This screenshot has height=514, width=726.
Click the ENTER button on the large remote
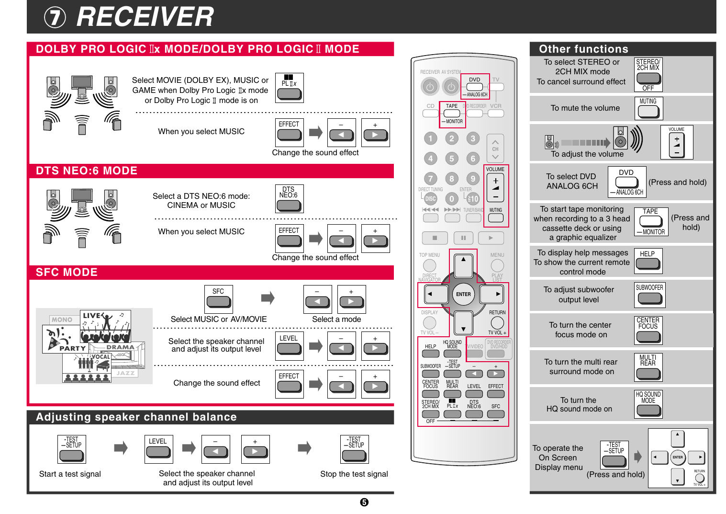click(x=463, y=294)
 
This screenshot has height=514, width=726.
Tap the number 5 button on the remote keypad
click(x=451, y=159)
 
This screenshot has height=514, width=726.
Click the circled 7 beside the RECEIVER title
click(x=55, y=18)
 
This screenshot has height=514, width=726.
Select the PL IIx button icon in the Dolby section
click(x=289, y=88)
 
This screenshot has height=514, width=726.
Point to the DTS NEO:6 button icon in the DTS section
click(x=289, y=199)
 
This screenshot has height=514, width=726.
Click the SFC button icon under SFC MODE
click(x=218, y=299)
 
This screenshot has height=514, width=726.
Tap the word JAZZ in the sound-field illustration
click(x=125, y=373)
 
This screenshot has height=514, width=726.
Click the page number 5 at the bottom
click(x=364, y=502)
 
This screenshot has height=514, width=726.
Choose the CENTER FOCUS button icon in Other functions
click(x=648, y=330)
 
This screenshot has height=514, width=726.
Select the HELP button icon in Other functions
click(x=648, y=261)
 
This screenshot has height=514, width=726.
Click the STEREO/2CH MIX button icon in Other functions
click(x=648, y=75)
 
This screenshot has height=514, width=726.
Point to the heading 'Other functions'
click(x=583, y=49)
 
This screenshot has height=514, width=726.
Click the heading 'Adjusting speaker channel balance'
click(x=136, y=417)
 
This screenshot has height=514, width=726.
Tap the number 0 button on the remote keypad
click(x=451, y=199)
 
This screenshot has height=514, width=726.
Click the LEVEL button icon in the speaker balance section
click(x=158, y=449)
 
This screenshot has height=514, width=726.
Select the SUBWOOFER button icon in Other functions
click(x=649, y=295)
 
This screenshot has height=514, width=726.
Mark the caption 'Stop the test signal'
click(x=354, y=474)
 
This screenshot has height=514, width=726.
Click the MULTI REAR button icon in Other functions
click(x=648, y=367)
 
